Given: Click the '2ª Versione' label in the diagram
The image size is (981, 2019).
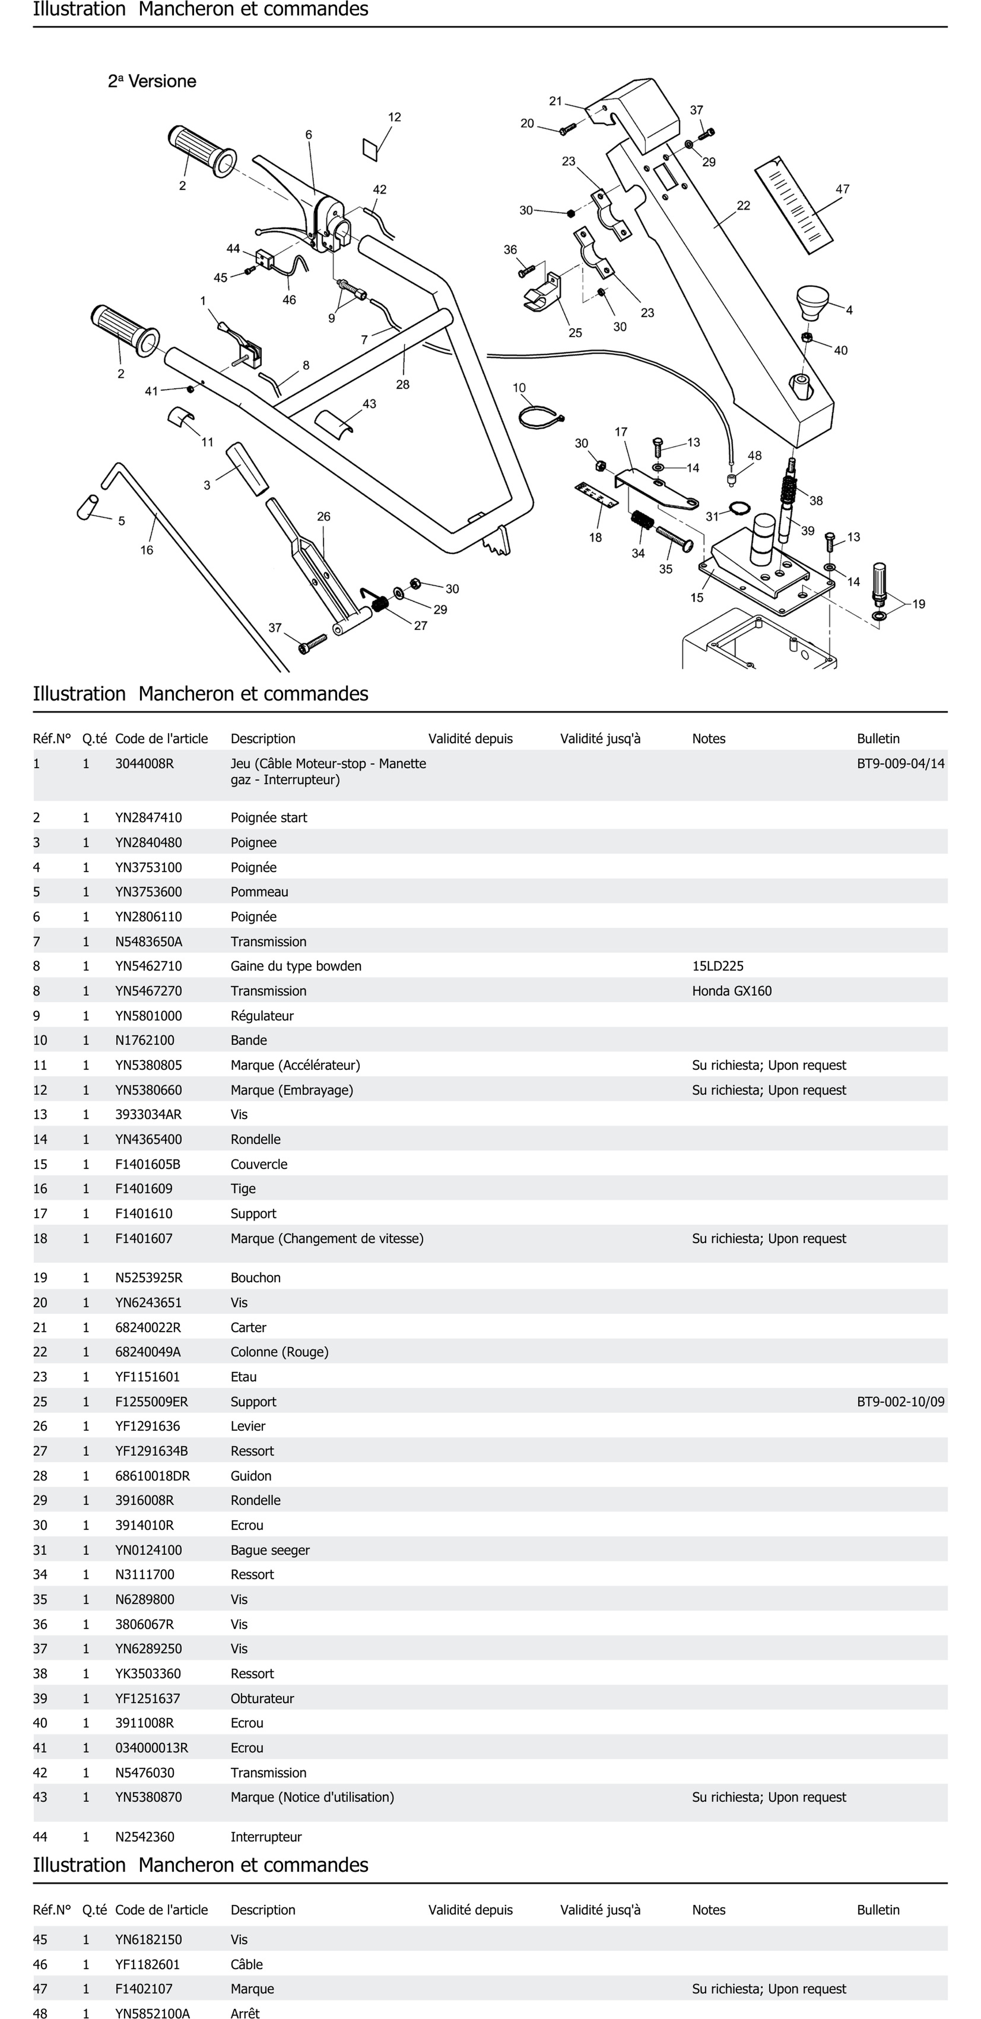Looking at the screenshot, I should (x=152, y=82).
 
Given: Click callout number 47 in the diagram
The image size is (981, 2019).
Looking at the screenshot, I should (x=842, y=189).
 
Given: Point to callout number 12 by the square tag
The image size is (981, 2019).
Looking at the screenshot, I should (x=394, y=117).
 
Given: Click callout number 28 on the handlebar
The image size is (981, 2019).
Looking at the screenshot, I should (x=403, y=384).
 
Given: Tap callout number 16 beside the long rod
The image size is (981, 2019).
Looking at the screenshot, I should (x=147, y=550).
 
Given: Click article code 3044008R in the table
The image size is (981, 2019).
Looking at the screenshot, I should (x=144, y=763).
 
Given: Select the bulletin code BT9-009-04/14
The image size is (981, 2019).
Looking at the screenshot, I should (x=900, y=763).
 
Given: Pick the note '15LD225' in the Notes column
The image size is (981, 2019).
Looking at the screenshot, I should (x=718, y=966).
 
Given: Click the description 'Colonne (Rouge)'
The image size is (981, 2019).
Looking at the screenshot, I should (x=279, y=1352).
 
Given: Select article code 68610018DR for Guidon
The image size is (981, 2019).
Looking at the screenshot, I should (x=152, y=1476).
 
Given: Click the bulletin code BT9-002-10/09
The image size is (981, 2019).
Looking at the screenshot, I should (x=900, y=1401).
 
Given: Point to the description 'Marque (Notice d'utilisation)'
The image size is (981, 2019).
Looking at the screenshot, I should (x=312, y=1797).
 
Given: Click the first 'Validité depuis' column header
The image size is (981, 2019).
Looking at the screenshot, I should (x=470, y=738).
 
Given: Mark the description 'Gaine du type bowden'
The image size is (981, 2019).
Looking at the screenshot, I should (x=295, y=966).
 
